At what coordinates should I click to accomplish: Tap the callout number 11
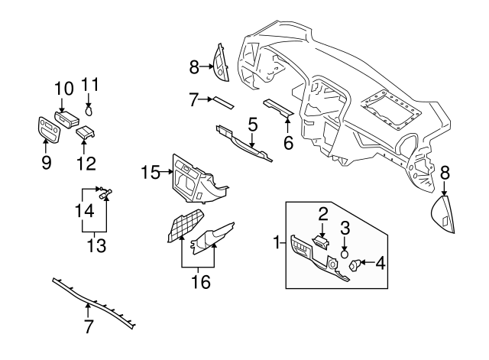(x=90, y=85)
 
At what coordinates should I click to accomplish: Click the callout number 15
(x=151, y=173)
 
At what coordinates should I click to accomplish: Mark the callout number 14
(x=86, y=209)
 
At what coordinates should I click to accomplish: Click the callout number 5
(x=252, y=123)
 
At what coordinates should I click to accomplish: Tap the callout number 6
(x=288, y=142)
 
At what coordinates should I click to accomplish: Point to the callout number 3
(x=345, y=227)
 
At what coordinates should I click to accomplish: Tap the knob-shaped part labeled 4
(x=356, y=265)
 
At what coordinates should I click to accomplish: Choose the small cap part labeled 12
(x=84, y=133)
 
